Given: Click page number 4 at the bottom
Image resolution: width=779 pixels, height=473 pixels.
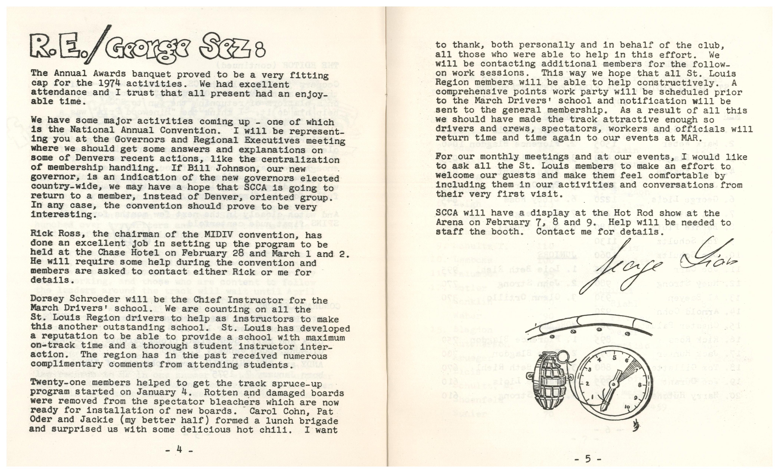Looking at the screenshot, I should coord(179,450).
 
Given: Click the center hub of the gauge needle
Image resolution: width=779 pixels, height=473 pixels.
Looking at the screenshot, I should coord(614,384).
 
